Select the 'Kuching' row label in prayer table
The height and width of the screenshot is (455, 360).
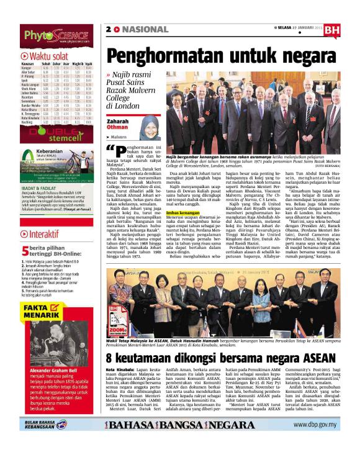(x=28, y=122)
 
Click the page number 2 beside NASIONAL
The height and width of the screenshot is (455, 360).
(x=109, y=29)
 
